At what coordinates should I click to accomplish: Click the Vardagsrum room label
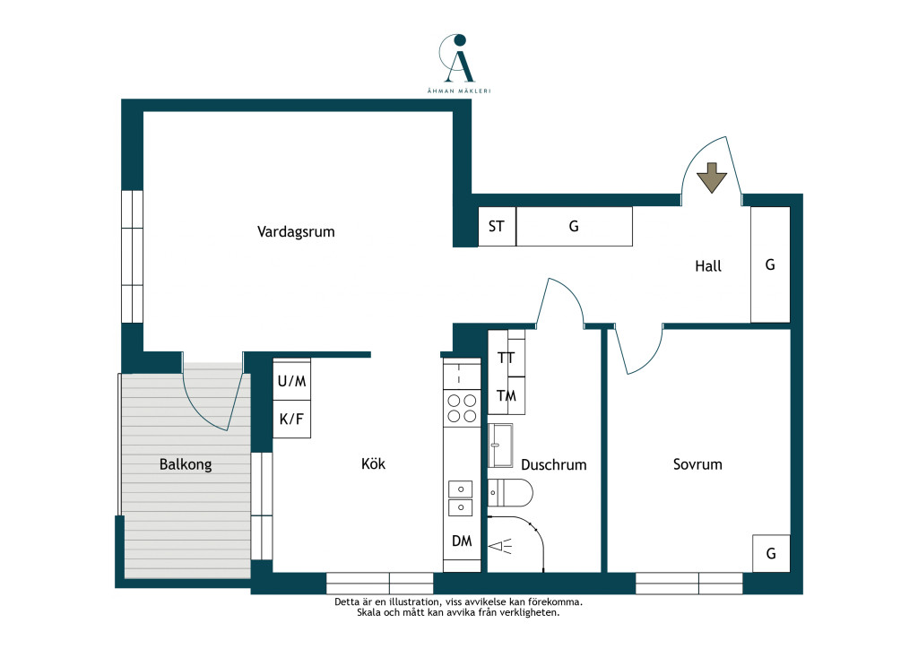coord(296,232)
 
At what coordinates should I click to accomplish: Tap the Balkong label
coord(186,464)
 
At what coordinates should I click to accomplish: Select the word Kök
coord(374,463)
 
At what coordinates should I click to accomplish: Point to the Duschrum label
coord(554,464)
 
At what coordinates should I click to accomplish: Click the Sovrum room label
coord(697,464)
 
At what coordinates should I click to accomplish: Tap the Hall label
coord(708,266)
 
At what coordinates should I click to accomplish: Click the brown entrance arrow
coord(711,177)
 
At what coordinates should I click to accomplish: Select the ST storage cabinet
coord(497,227)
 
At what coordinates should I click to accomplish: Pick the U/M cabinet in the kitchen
coord(291,381)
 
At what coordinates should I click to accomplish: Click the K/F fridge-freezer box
coord(291,419)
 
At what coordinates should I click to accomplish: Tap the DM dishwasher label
coord(462,541)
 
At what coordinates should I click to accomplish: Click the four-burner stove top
coord(462,408)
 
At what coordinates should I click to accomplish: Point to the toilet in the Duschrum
coord(510,493)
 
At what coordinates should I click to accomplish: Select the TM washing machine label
coord(507,396)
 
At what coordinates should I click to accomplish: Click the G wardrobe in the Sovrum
coord(771,553)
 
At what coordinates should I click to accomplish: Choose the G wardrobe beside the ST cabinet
coord(575,227)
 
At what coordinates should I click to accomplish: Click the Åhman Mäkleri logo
coord(458,64)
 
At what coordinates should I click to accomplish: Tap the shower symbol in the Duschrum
coord(501,547)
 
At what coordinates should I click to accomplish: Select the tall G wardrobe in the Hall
coord(770,264)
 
